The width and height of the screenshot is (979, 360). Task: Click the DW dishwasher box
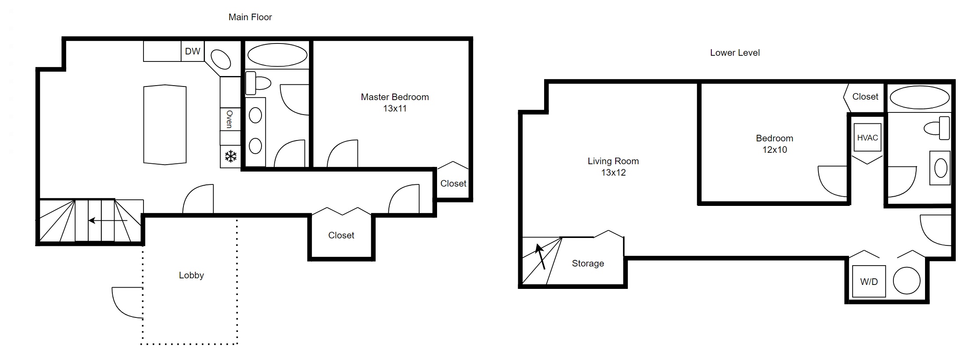pos(193,51)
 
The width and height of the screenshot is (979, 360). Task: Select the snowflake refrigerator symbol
pos(231,156)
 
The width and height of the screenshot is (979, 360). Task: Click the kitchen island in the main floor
pos(165,125)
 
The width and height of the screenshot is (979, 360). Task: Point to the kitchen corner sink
pos(221,60)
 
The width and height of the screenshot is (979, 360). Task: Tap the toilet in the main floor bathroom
pos(258,83)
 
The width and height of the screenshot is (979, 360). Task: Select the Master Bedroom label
pos(395,97)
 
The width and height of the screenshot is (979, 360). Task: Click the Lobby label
pos(191,275)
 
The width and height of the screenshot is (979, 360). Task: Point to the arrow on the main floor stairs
pos(108,220)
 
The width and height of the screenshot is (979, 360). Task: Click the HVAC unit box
pos(868,137)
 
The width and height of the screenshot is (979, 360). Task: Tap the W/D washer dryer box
pos(869,281)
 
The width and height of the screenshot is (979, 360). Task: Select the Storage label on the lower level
pos(588,263)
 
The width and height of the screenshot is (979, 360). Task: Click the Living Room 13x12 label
pos(613,167)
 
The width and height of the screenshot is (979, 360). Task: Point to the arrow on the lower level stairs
pos(541,256)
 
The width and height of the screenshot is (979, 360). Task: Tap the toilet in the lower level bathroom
pos(937,128)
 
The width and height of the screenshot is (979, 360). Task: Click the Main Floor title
pos(250,17)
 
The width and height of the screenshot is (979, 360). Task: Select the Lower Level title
pos(735,53)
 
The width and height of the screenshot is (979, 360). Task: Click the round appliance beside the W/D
pos(907,281)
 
